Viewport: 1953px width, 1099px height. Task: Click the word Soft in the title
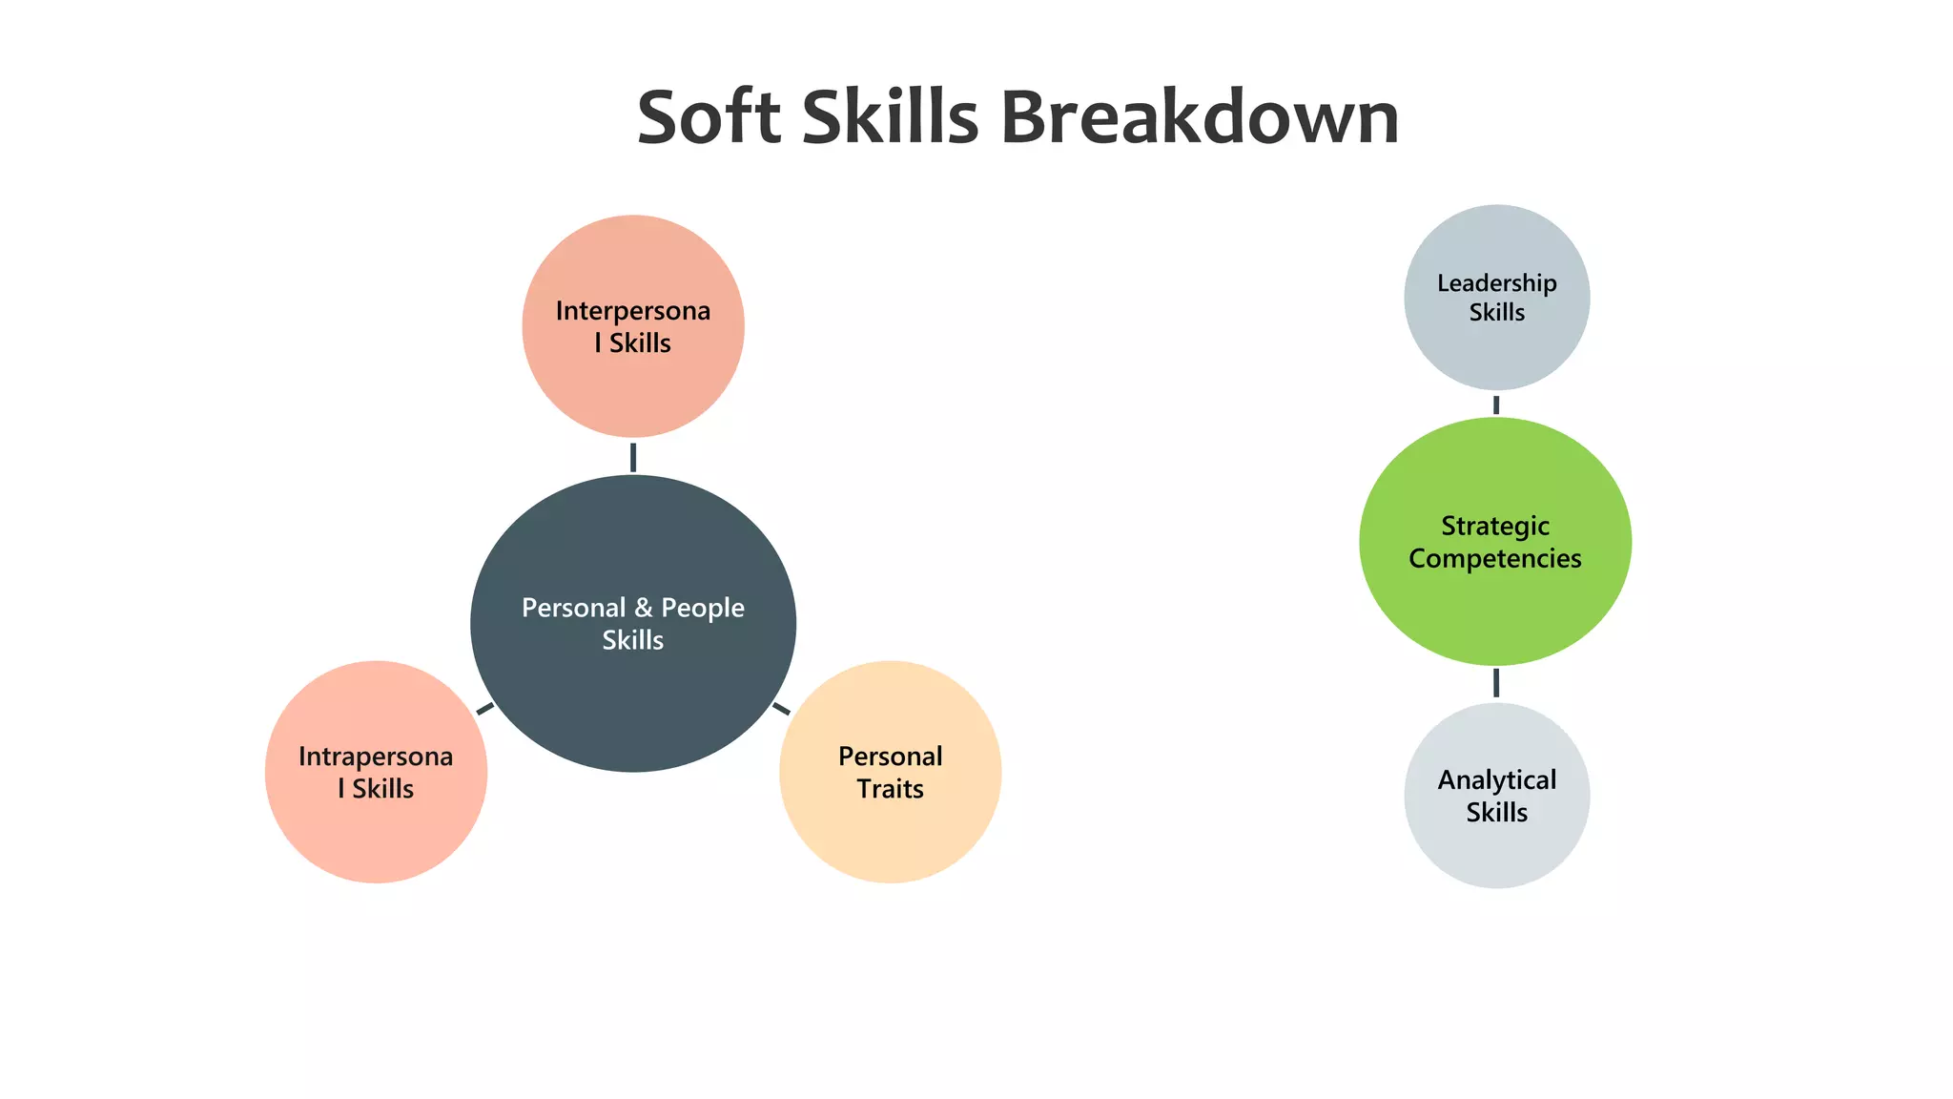point(709,117)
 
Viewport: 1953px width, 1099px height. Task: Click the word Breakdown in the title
point(1199,117)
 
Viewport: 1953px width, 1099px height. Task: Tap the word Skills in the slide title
point(890,117)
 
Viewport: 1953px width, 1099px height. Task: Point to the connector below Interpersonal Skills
point(633,457)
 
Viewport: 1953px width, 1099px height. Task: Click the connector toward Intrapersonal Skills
point(485,708)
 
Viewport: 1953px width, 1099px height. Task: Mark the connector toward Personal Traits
point(781,708)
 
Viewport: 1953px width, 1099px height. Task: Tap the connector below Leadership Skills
point(1496,404)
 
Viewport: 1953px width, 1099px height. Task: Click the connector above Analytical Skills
point(1496,683)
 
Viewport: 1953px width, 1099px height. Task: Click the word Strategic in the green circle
point(1495,527)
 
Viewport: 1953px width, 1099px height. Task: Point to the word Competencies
point(1495,559)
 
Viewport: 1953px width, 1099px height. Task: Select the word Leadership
point(1496,283)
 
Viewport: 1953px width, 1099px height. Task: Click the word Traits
point(890,789)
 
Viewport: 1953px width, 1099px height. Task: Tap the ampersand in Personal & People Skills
point(644,608)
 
